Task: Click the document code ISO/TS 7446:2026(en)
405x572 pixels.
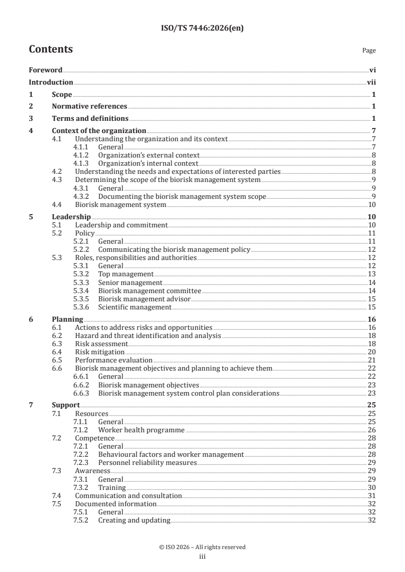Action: point(202,29)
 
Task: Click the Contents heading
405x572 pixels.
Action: point(51,49)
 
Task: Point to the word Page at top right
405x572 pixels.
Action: point(369,50)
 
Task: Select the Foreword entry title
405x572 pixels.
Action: point(45,70)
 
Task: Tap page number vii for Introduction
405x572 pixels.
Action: point(371,82)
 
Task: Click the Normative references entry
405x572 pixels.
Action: point(89,106)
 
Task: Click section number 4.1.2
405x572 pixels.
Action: point(82,155)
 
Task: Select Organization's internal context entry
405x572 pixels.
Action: point(148,163)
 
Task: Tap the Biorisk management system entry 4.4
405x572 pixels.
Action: point(121,205)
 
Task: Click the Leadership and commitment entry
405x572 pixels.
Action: point(121,225)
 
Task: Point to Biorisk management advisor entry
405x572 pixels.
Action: point(144,299)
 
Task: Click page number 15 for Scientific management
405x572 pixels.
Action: point(372,307)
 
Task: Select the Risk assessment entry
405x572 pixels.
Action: point(101,344)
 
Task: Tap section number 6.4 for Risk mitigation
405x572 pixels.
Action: point(58,352)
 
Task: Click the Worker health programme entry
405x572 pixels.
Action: point(141,430)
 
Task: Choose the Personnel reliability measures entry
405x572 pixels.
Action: point(147,462)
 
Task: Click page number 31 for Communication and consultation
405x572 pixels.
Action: point(372,496)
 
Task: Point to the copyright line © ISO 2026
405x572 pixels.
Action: point(202,547)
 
